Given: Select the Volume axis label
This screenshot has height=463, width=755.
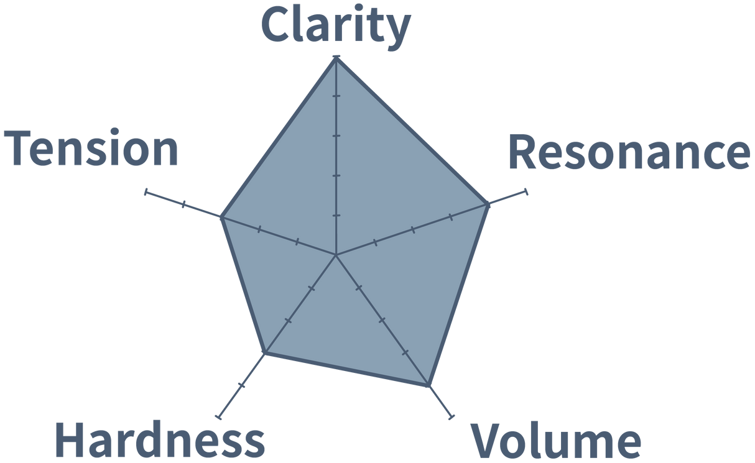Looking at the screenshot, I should pos(555,440).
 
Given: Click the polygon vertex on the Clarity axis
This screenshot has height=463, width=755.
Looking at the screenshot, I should pos(336,57).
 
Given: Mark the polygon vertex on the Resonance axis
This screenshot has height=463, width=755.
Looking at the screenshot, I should pos(489,204).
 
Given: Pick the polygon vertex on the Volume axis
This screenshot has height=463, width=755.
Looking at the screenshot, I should pos(428,387).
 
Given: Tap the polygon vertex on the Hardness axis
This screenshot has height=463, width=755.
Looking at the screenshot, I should pos(266,354).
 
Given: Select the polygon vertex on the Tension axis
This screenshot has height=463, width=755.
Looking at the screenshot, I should pos(221,218).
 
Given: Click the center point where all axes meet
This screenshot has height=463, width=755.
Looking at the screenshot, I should pos(336,255).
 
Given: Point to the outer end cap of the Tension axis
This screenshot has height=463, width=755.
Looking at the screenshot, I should pos(146,193).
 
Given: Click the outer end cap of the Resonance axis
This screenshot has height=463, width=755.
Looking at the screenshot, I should pos(527,192).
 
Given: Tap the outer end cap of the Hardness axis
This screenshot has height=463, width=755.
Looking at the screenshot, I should pos(217,416).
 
